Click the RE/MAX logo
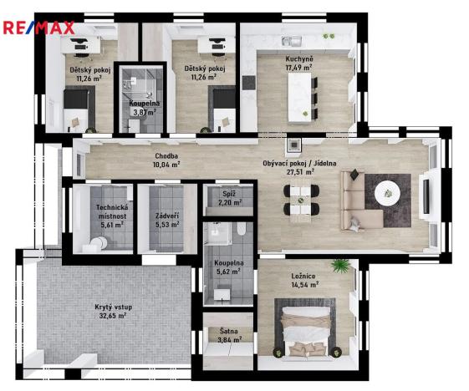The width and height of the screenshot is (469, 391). coord(38,28)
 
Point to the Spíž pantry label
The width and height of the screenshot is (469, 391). coord(224,194)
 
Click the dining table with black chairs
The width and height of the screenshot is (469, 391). coord(298,201)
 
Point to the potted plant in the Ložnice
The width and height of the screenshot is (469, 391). coord(339,266)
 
